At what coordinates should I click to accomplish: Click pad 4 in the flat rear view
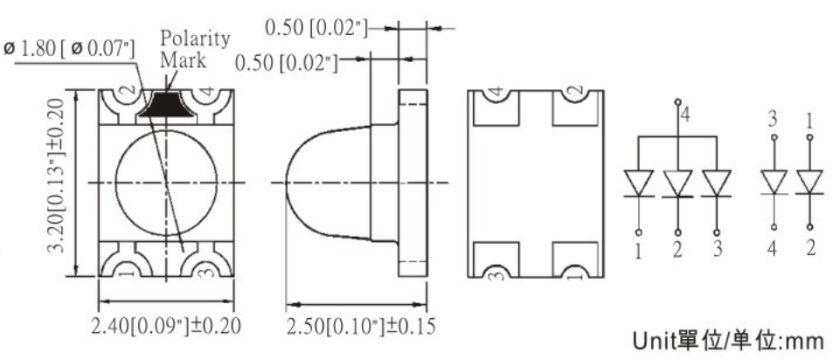[x=496, y=95]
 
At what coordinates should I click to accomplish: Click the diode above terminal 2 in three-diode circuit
[x=677, y=183]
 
